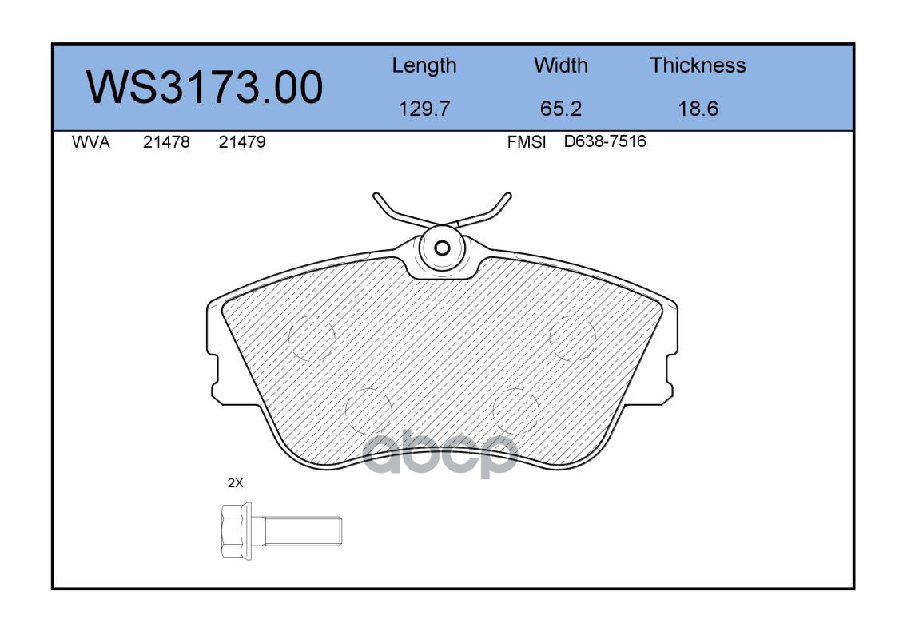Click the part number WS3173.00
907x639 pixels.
point(205,87)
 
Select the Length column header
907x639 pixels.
point(424,65)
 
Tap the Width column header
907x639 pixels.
point(560,65)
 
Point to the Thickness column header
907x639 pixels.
point(698,65)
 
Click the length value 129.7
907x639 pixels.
point(424,109)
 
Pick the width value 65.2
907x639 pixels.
point(560,109)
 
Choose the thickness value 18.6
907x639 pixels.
point(698,109)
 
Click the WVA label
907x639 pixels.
point(91,142)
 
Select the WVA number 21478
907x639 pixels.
point(166,142)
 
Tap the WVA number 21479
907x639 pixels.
point(242,142)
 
